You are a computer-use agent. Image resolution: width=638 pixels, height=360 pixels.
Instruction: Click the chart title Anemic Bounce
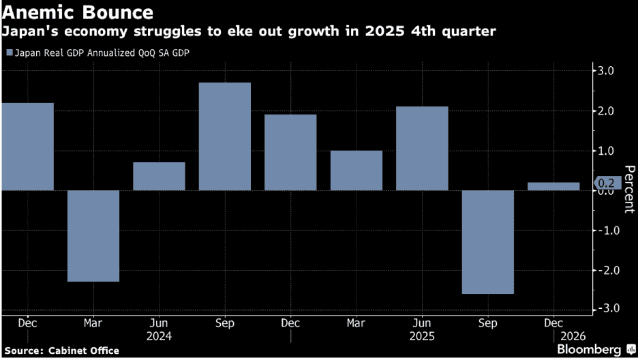77,12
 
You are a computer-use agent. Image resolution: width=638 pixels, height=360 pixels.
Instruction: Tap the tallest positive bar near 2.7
225,136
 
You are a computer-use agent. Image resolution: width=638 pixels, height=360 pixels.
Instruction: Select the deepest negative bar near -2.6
487,242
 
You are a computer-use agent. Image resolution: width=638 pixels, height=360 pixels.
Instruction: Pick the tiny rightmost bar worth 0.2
553,186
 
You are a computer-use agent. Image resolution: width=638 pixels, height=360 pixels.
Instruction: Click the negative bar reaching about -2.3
93,236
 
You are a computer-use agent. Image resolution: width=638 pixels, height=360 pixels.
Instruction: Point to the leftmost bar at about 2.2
27,147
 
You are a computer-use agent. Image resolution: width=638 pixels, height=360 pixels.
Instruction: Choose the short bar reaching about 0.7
159,176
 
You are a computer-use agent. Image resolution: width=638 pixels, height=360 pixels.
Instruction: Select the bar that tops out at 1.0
356,170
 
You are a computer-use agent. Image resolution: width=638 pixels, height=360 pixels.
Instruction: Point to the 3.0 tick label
606,71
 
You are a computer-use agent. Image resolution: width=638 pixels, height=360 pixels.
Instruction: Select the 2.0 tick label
606,111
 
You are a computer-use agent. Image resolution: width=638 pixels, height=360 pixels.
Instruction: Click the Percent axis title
629,190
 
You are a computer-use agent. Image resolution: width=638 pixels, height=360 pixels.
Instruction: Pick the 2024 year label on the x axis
159,336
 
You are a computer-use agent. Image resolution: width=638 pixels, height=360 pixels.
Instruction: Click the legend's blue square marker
8,52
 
